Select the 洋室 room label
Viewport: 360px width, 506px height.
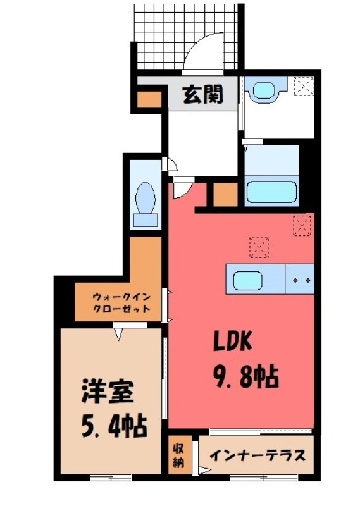(108, 393)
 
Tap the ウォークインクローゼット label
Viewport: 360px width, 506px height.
(121, 302)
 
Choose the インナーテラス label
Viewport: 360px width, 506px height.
(258, 455)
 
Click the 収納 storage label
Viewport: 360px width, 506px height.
(178, 454)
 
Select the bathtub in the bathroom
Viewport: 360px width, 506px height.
(271, 192)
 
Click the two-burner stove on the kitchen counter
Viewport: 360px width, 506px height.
(301, 278)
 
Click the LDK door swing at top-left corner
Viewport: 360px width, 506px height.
(182, 187)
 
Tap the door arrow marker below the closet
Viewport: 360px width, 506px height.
(118, 332)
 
